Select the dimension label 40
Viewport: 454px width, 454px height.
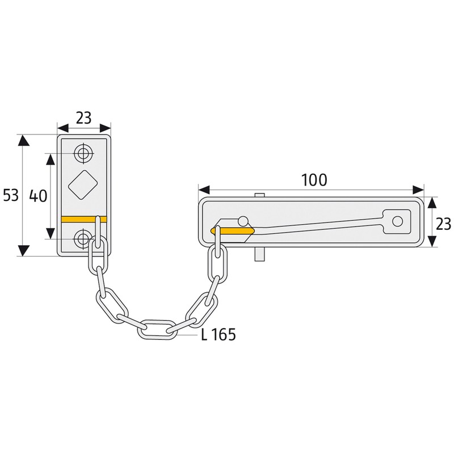38,196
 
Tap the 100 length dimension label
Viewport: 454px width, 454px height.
314,180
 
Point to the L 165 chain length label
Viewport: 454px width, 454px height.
218,334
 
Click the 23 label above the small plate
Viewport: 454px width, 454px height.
83,118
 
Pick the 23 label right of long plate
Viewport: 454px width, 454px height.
443,224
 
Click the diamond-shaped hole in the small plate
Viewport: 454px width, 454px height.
83,184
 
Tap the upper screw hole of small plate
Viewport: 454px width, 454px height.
83,153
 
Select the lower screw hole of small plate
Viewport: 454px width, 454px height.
82,238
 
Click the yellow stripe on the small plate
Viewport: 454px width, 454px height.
84,220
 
